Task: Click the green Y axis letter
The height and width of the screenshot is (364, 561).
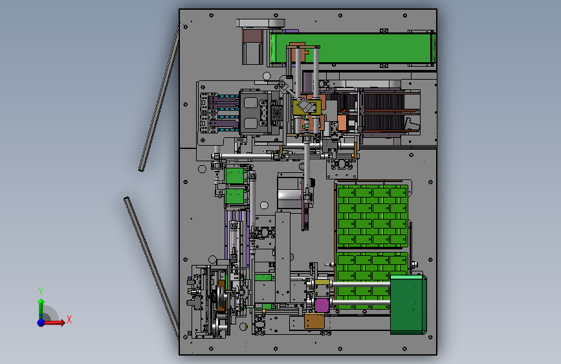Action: pos(41,291)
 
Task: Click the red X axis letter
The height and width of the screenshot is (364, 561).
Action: pos(69,319)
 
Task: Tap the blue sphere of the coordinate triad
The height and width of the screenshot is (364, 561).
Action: pos(41,323)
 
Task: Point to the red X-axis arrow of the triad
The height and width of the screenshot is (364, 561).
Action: pos(54,323)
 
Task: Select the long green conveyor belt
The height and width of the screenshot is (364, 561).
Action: pos(352,48)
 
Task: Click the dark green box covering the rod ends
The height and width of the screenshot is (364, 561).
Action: pos(408,304)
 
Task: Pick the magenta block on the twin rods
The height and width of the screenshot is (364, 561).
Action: pos(322,305)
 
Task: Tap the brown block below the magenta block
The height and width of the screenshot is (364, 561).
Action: pos(314,321)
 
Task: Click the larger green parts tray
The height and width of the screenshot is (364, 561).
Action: pos(373,216)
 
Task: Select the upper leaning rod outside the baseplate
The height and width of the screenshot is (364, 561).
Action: pos(159,98)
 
